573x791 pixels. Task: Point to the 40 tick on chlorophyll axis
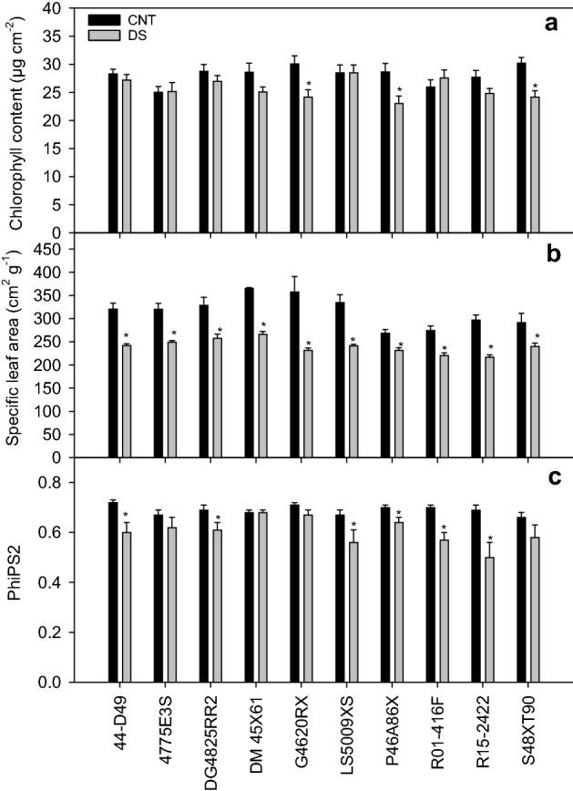pos(67,8)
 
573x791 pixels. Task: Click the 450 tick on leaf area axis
pos(64,249)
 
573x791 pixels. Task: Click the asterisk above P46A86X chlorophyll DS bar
pos(399,90)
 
